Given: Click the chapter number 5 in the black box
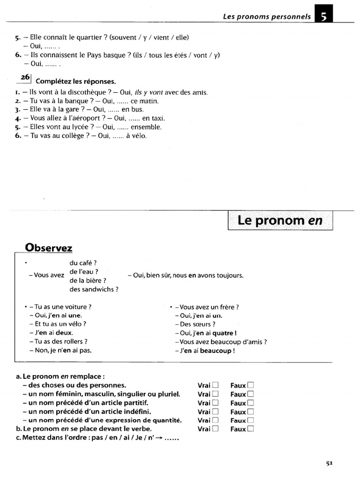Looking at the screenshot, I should tap(324, 16).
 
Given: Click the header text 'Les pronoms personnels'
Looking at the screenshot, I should tap(267, 16).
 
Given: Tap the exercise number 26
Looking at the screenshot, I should tap(25, 78).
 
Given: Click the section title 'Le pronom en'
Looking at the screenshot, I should tap(280, 220).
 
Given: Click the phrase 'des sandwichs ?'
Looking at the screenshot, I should tap(94, 289).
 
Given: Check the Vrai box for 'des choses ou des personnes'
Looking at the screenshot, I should tap(216, 385).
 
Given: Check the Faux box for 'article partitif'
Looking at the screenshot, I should tap(251, 403).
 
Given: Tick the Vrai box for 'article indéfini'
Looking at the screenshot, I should tap(216, 412).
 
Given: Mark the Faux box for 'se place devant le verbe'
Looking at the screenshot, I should tap(251, 429).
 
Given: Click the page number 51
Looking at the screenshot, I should tap(329, 463).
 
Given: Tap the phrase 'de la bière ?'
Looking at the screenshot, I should tap(88, 280).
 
